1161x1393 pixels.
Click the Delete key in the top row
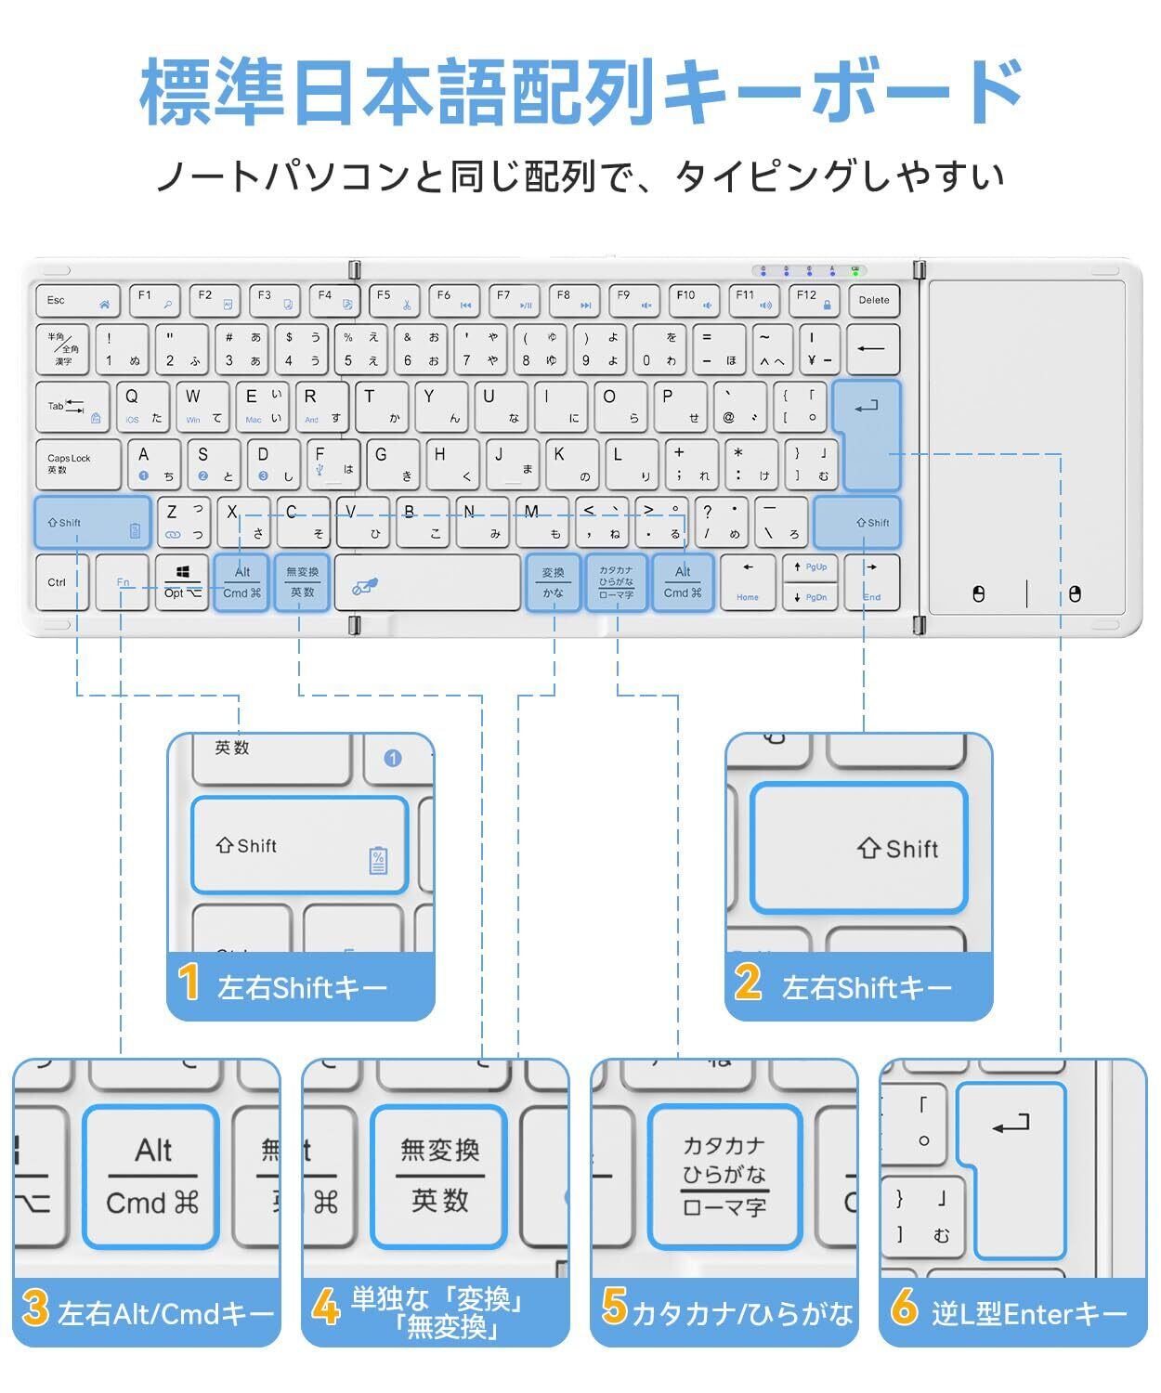(x=873, y=301)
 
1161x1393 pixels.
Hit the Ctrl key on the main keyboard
(x=61, y=583)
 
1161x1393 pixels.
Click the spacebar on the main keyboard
(x=427, y=583)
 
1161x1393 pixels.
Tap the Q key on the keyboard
(x=141, y=406)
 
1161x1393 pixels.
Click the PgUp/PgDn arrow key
(x=809, y=582)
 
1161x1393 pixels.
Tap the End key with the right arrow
(x=871, y=582)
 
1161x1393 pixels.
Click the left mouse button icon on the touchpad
(x=978, y=594)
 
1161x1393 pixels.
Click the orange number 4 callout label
(x=326, y=1308)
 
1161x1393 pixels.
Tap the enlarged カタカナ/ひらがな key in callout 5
(x=724, y=1177)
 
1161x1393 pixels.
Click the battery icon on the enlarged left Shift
(x=378, y=861)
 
